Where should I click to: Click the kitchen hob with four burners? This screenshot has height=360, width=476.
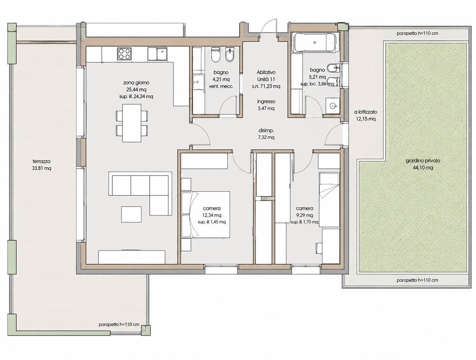pos(124,54)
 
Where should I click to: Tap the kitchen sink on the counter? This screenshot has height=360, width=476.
pos(157,54)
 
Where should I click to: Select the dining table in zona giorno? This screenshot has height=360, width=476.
pos(132,123)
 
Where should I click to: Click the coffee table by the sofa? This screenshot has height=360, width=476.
pos(131,214)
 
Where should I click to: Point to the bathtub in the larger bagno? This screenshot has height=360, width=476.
pos(315,42)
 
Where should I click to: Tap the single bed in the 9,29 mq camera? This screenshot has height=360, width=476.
pos(329,200)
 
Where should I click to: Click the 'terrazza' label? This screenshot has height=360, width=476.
pos(42,162)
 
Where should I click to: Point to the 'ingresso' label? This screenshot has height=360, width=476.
pos(266,101)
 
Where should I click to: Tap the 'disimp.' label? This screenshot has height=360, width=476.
pos(266,131)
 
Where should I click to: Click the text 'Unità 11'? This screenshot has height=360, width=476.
pos(266,79)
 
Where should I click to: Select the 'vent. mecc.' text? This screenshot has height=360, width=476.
pos(221,87)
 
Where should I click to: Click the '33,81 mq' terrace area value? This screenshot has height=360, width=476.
pos(42,168)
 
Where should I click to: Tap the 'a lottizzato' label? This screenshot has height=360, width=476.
pos(366,112)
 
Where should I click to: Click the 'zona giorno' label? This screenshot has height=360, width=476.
pos(136,83)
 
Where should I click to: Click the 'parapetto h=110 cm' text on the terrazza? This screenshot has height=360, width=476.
pos(119,331)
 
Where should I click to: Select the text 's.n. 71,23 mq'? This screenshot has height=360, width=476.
pos(266,87)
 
